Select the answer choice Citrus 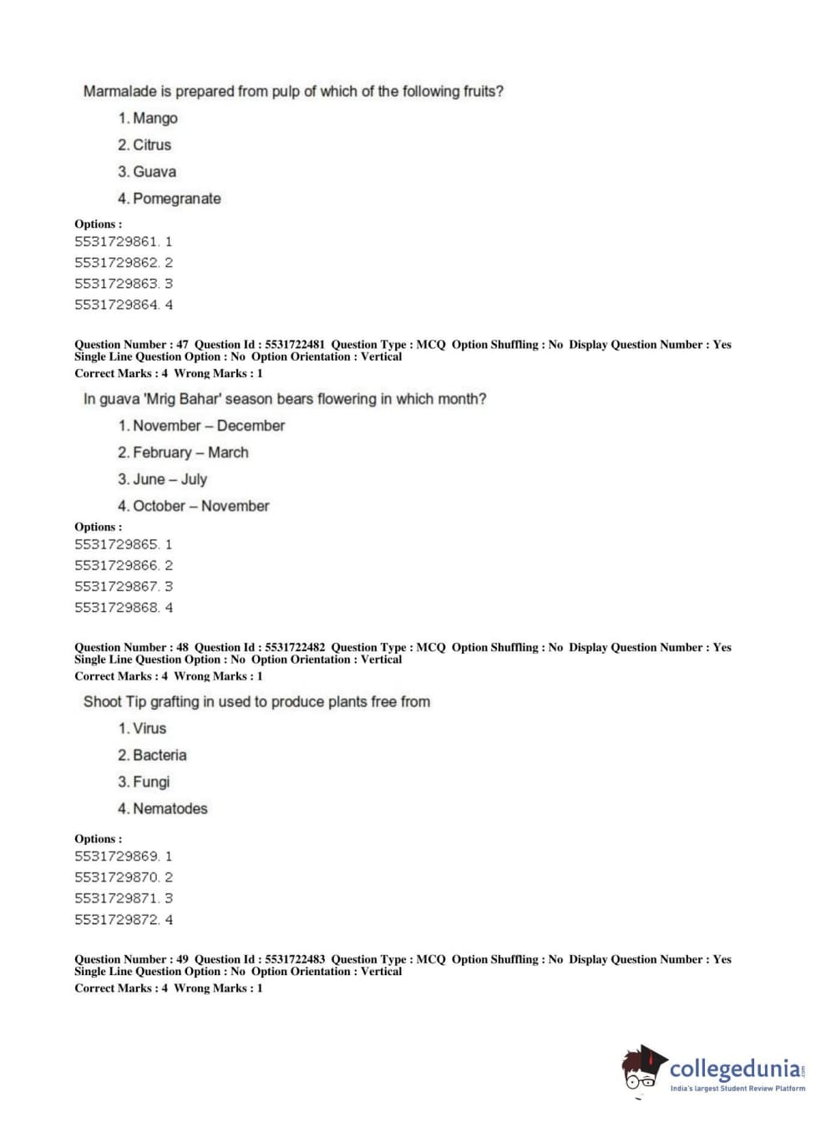(151, 144)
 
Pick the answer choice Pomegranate (176, 199)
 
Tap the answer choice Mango (155, 118)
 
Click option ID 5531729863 (117, 284)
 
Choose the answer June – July (170, 479)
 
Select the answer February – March (190, 452)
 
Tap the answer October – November (200, 506)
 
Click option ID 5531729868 (117, 608)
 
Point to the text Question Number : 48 (131, 647)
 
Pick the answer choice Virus (149, 728)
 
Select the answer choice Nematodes (170, 808)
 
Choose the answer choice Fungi (150, 781)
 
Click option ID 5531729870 (117, 877)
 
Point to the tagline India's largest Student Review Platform (737, 1089)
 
